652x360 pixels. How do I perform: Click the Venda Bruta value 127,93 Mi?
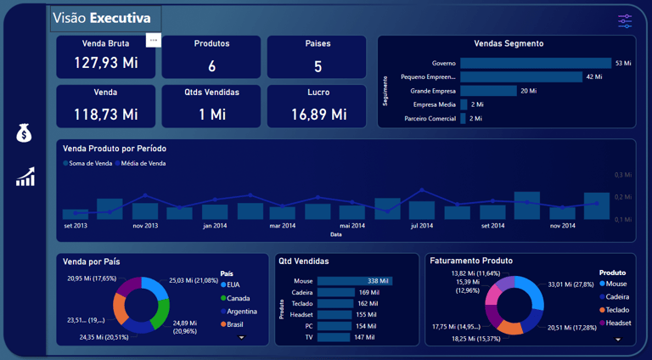pyautogui.click(x=105, y=63)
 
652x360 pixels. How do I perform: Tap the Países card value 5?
pyautogui.click(x=318, y=66)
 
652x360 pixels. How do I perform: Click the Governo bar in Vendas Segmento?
pyautogui.click(x=535, y=64)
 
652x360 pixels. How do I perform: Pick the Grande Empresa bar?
pyautogui.click(x=488, y=91)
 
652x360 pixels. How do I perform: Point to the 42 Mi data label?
pyautogui.click(x=594, y=77)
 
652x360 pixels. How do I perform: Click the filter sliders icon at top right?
pyautogui.click(x=626, y=21)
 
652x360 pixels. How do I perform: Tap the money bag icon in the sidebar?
pyautogui.click(x=24, y=133)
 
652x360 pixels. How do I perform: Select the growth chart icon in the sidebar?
pyautogui.click(x=25, y=177)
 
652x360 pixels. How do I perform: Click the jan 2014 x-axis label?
pyautogui.click(x=214, y=226)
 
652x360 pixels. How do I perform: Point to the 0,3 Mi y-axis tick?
pyautogui.click(x=623, y=175)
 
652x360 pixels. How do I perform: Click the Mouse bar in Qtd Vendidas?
pyautogui.click(x=355, y=281)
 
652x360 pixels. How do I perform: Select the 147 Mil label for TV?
pyautogui.click(x=365, y=337)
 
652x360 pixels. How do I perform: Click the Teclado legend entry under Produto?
pyautogui.click(x=617, y=310)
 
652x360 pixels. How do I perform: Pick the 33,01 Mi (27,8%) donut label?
pyautogui.click(x=571, y=285)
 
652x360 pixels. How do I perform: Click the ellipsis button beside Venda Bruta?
pyautogui.click(x=153, y=40)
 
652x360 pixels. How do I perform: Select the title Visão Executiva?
pyautogui.click(x=101, y=18)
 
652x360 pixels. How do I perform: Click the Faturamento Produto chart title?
pyautogui.click(x=471, y=261)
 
